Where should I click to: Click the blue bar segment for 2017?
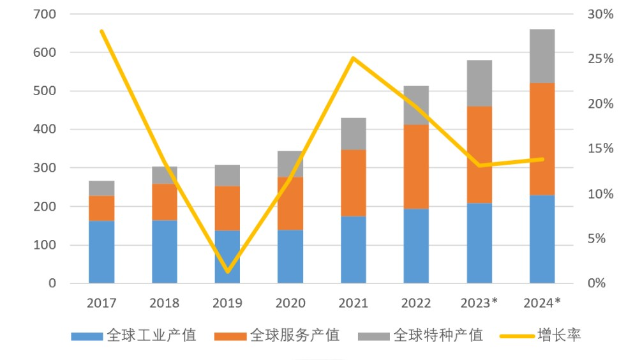click(101, 252)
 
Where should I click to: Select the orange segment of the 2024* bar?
click(542, 139)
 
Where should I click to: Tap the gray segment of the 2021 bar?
click(353, 134)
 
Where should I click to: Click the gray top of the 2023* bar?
click(479, 83)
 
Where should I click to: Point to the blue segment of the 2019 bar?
click(227, 257)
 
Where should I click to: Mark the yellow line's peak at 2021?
click(353, 58)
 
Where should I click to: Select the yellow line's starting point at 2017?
click(101, 31)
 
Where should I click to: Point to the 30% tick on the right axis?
click(599, 14)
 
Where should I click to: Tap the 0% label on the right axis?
click(596, 283)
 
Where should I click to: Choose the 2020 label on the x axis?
click(290, 303)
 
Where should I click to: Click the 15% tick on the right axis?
click(599, 149)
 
